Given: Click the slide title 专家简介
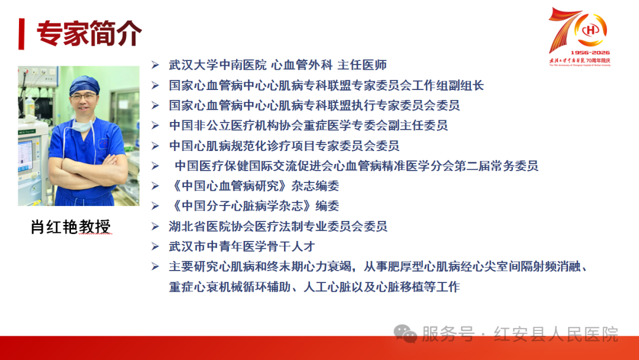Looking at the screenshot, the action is coord(89,33).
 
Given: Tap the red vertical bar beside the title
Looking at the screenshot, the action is coord(22,34).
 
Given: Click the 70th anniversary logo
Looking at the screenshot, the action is coord(579,37).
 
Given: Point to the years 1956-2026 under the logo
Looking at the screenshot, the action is coord(590,53).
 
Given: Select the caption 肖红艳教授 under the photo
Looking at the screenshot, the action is coord(70,227).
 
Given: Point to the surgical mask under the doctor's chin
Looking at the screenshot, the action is coord(83,124).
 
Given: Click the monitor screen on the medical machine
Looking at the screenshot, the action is coord(25,155).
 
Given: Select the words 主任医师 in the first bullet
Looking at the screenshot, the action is coord(362,65).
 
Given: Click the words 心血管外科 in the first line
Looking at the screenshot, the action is coord(302,65).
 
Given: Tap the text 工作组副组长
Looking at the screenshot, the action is coord(448,85).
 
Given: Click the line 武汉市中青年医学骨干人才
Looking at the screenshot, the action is coord(242,246).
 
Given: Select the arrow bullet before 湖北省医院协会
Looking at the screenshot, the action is coord(155,226).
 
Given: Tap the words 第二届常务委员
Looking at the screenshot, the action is coord(496,166).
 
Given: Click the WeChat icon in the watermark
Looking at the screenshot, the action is coord(405,334).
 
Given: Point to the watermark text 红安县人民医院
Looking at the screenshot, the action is coord(556,334).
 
